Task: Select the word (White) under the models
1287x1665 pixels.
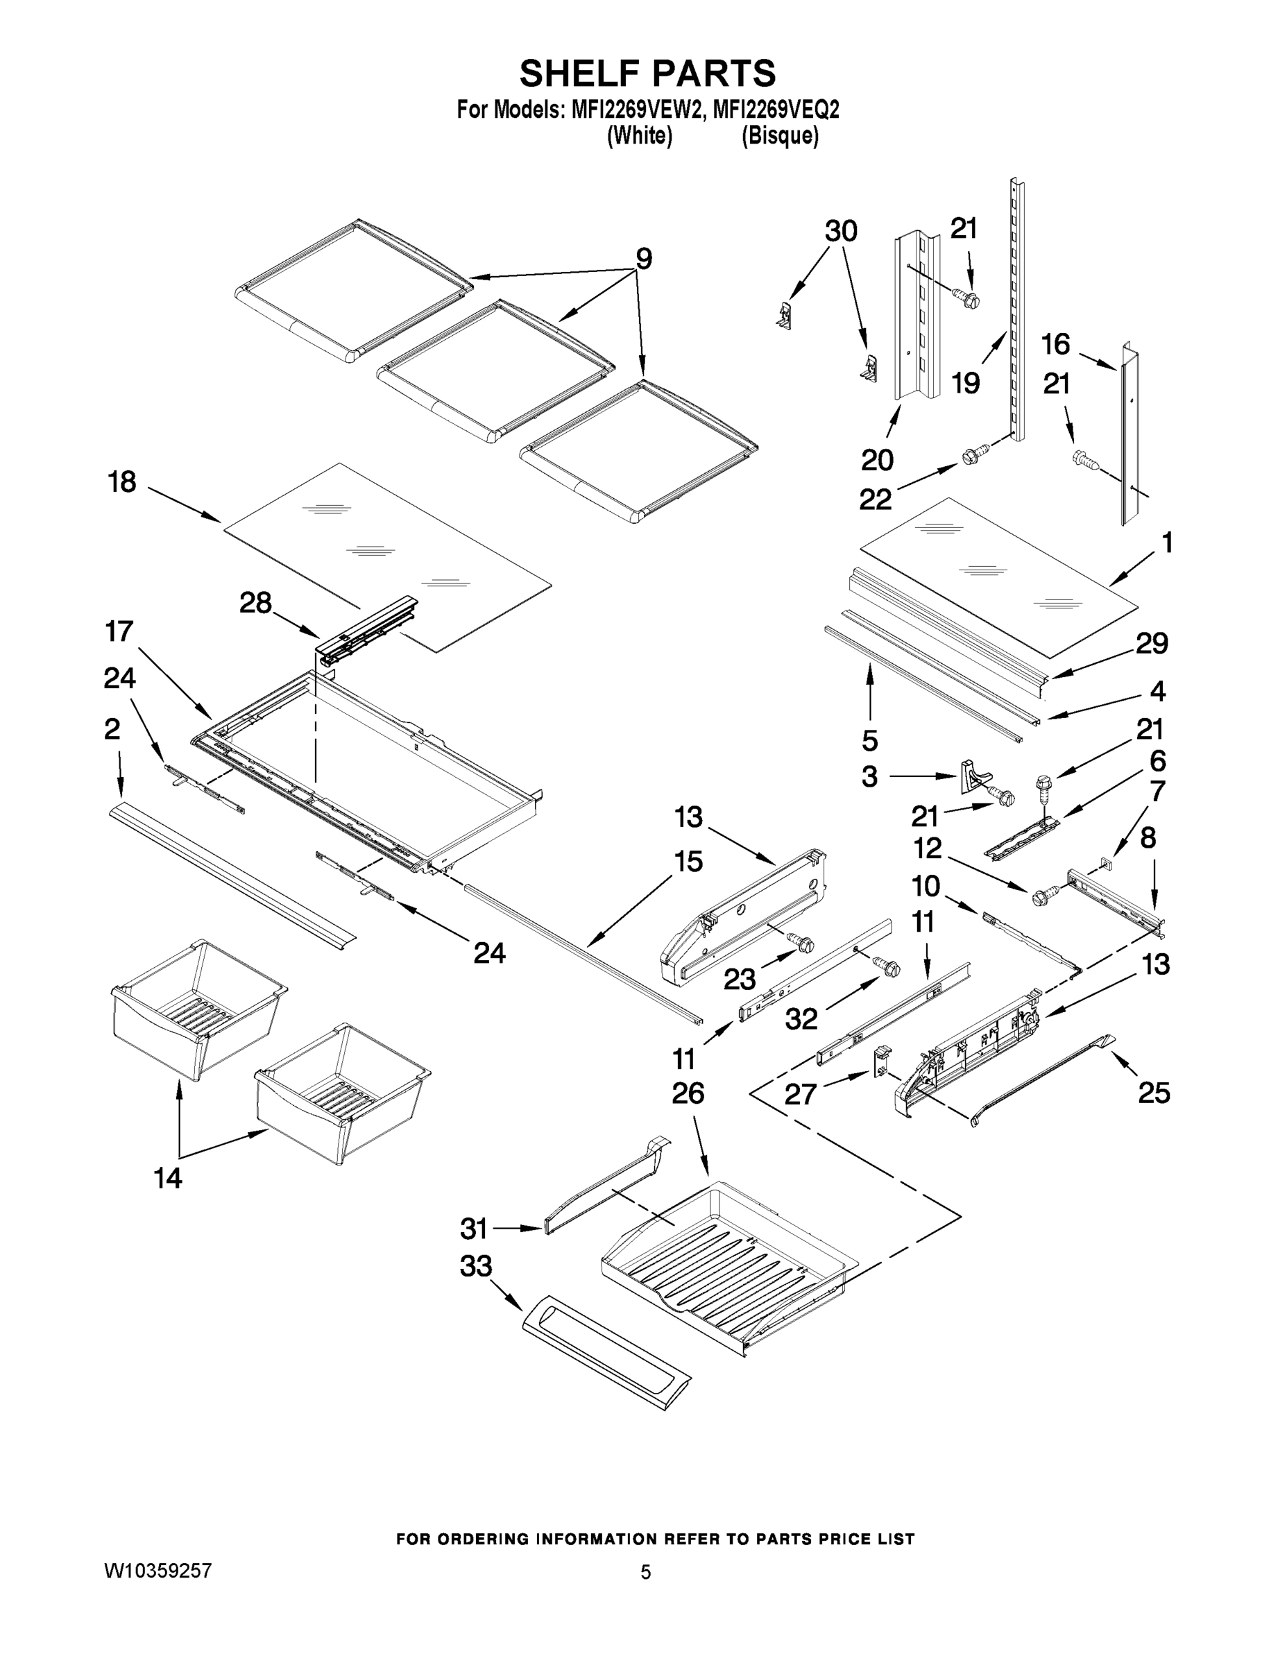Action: click(x=639, y=137)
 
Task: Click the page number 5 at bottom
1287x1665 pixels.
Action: click(x=645, y=1572)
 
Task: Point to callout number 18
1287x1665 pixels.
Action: click(x=122, y=483)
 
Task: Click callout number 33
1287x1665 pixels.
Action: click(x=476, y=1266)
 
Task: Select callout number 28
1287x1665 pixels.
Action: click(x=255, y=603)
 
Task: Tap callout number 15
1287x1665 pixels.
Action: click(x=688, y=862)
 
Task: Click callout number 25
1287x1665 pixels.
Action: click(x=1154, y=1093)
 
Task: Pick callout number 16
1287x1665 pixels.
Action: click(x=1056, y=345)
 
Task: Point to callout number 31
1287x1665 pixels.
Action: click(x=473, y=1228)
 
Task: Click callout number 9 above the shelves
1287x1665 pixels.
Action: click(x=645, y=259)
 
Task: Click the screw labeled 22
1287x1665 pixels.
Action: click(x=971, y=457)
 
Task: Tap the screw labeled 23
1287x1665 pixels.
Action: click(x=802, y=943)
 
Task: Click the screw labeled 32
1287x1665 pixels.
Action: click(x=887, y=966)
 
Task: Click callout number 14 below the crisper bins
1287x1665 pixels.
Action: click(x=168, y=1178)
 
